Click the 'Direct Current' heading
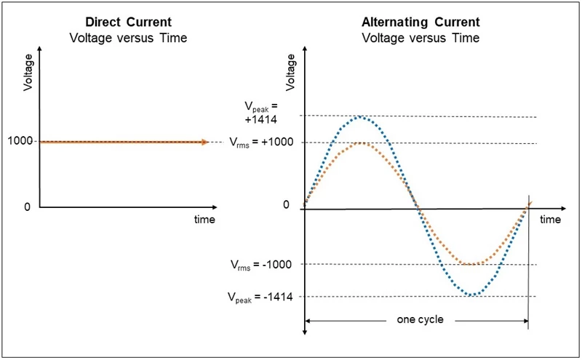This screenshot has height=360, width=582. point(129,22)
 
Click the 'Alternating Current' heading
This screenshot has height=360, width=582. point(419,22)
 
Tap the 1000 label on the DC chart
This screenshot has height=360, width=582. point(21,141)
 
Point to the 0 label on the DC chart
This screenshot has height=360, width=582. point(27,207)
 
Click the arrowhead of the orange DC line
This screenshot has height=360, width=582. point(205,142)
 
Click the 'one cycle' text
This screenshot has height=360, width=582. point(419,319)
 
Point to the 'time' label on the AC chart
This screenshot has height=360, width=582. point(550,219)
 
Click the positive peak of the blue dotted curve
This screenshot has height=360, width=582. point(361,116)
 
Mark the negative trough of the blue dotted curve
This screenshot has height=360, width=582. point(473,295)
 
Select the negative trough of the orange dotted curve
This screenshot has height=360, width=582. point(473,264)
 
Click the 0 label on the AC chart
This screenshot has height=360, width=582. point(286,205)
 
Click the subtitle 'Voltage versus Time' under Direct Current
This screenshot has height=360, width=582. point(129,36)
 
